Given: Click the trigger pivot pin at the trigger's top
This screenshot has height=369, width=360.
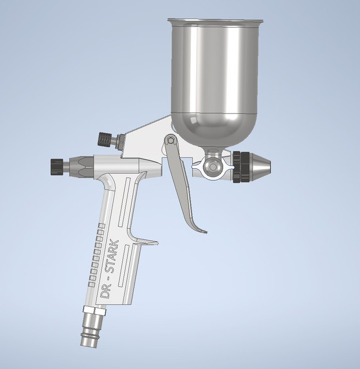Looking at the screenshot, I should pos(170,140).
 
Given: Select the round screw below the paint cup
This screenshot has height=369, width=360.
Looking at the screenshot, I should pos(213,167).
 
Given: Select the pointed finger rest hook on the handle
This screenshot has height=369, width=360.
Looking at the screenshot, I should pos(151,241).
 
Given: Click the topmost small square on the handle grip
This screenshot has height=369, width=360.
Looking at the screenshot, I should pos(102,225).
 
